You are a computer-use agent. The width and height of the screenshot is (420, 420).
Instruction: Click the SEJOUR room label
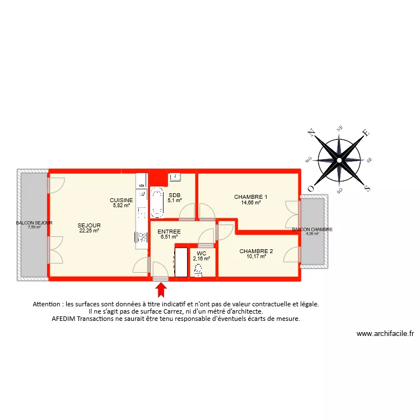[89, 225]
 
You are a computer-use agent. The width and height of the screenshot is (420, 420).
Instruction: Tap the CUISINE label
[121, 200]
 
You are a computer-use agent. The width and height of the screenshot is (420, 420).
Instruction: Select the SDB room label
[174, 195]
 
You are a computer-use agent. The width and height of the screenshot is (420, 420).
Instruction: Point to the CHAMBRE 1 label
[250, 197]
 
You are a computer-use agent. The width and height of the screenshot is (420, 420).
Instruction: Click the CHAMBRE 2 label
[256, 251]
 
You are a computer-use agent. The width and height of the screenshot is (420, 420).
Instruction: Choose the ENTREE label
[169, 231]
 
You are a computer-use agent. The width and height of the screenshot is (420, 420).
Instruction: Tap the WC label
[202, 253]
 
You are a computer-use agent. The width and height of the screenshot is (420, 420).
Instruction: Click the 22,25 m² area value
[89, 230]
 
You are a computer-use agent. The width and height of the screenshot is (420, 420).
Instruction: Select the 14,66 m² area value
[251, 203]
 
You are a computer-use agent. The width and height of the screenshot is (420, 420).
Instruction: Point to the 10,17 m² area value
[256, 256]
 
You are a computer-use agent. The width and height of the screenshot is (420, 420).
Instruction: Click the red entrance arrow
[161, 290]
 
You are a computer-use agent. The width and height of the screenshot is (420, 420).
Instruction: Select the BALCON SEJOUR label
[34, 222]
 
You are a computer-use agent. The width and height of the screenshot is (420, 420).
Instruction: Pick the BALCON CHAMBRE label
[312, 229]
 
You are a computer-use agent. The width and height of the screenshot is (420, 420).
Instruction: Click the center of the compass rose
[339, 160]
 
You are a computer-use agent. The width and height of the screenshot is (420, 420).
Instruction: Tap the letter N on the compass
[311, 133]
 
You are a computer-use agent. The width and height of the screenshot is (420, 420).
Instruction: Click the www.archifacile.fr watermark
[385, 334]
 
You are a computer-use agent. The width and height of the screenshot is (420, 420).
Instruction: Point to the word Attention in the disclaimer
[48, 304]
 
